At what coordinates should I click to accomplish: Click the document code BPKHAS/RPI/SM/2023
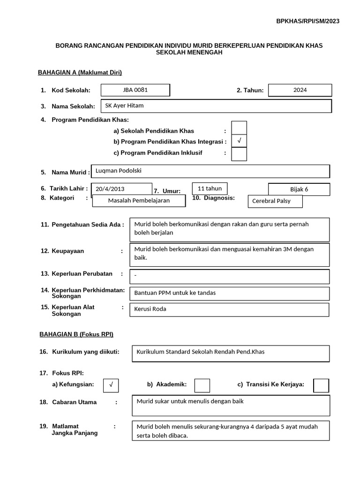pos(307,21)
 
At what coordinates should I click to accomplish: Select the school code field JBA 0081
pos(135,90)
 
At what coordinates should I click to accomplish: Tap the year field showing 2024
pos(300,90)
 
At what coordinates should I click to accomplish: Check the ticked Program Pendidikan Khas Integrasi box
pos(239,141)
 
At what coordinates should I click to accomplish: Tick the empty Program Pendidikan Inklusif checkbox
pos(239,154)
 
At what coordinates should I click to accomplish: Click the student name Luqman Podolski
pos(210,172)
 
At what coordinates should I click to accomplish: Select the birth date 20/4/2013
pos(122,189)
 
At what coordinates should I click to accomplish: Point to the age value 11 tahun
pos(210,188)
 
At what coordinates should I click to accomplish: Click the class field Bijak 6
pos(299,189)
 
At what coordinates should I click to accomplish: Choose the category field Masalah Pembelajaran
pos(139,201)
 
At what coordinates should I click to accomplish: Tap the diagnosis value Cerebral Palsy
pos(275,201)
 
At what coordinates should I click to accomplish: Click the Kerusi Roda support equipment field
pos(230,309)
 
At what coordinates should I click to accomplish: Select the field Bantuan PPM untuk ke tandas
pos(230,293)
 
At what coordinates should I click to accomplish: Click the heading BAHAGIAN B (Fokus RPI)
pos(75,334)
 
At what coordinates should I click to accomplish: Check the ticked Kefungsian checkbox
pos(111,385)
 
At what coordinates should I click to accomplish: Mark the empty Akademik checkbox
pos(202,385)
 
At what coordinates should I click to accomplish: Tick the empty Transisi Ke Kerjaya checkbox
pos(321,385)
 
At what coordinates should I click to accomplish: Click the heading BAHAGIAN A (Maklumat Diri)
pos(80,72)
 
